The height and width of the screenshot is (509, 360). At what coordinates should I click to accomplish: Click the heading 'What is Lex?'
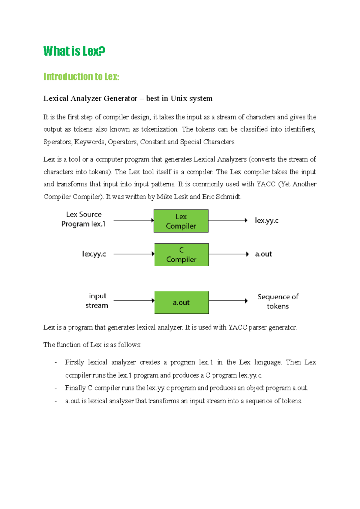coord(74,51)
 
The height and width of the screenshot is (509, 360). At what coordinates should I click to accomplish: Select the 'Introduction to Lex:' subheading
coord(81,77)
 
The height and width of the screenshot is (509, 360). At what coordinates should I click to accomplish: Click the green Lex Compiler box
coord(181,221)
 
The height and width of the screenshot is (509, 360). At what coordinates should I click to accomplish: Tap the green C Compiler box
coord(181,255)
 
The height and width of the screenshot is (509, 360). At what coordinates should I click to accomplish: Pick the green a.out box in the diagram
coord(181,303)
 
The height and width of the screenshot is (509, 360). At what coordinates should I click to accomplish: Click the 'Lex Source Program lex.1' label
coord(84,219)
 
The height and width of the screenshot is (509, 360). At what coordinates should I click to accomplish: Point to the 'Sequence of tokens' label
coord(278,301)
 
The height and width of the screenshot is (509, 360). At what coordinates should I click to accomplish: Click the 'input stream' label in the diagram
coord(97,301)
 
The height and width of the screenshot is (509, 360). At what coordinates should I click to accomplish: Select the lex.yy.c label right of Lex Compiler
coord(266,221)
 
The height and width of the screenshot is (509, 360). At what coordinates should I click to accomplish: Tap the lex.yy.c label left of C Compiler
coord(94,254)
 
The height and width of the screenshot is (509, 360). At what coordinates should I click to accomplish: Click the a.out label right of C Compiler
coord(263,254)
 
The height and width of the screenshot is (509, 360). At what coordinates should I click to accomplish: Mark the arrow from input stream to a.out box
coord(134,300)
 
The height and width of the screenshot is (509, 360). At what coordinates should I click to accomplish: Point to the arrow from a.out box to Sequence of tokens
coord(228,301)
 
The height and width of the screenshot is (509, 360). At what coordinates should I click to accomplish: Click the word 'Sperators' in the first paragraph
coord(57,142)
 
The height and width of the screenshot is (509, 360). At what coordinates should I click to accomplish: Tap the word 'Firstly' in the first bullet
coord(74,363)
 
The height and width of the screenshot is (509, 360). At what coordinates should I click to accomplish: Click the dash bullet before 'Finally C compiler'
coord(56,388)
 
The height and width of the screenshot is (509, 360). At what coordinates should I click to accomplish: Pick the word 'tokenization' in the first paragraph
coord(159,129)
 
